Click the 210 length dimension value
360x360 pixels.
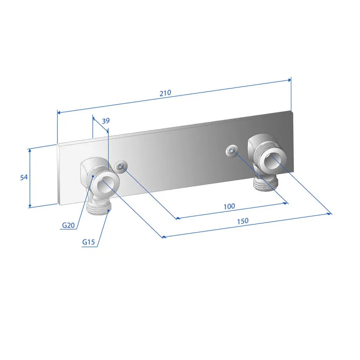tap(166, 93)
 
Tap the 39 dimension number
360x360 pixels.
tap(106, 121)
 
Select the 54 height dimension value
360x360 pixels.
tap(24, 177)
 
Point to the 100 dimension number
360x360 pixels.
tap(230, 206)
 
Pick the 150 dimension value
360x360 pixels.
tap(243, 221)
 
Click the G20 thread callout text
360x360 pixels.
tap(68, 225)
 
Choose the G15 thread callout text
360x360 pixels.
tap(89, 242)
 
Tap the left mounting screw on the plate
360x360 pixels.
tap(121, 166)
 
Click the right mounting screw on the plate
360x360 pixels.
tap(231, 151)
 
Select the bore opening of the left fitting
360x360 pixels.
tap(105, 187)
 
